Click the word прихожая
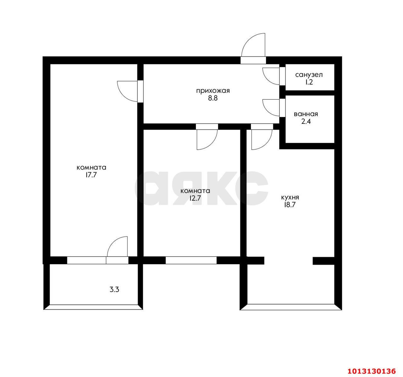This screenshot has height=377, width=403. tap(213, 91)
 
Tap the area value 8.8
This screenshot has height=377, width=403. tap(213, 98)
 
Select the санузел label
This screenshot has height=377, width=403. tap(309, 75)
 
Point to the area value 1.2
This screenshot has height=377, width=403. tap(309, 82)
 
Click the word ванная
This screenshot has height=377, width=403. tap(306, 114)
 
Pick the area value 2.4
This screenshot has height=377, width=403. tap(306, 121)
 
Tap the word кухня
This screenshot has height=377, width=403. tap(290, 197)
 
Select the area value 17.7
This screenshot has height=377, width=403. tap(91, 175)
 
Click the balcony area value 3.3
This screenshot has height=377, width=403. tap(114, 290)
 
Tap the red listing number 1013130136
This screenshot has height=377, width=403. tap(372, 371)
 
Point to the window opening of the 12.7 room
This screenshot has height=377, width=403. tap(191, 260)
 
